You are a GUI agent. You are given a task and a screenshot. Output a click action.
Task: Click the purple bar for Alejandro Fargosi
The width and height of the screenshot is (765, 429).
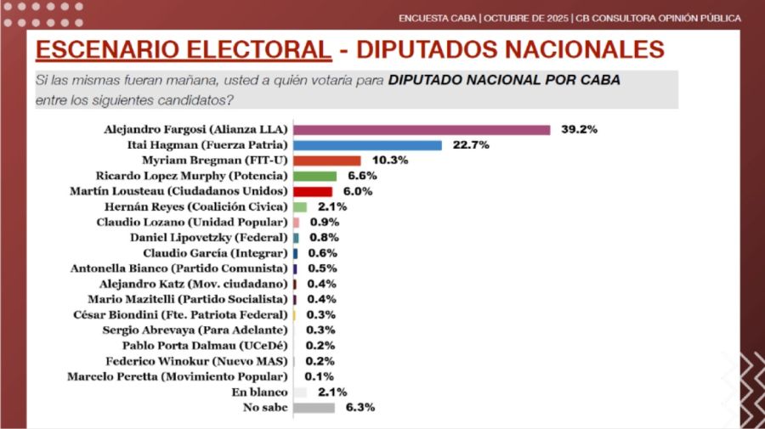coord(422,130)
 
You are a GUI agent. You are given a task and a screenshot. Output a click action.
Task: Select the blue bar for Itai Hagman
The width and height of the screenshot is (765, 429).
coord(367,145)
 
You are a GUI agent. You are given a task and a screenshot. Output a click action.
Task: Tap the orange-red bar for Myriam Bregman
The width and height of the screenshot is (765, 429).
coord(326,161)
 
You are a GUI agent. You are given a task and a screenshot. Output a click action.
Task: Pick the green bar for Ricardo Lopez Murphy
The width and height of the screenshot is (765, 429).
coord(314,176)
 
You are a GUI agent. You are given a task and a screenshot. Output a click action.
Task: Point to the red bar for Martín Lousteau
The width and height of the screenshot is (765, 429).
coord(312,191)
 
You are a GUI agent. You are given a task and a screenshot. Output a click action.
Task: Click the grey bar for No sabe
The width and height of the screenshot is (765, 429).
coord(314,407)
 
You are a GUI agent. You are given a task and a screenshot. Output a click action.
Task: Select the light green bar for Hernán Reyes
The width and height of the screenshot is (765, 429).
coord(299,206)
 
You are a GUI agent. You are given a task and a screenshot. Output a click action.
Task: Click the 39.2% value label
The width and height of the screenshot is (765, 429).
coord(580,130)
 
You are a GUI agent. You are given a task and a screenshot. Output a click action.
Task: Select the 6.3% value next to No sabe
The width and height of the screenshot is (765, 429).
coord(360,407)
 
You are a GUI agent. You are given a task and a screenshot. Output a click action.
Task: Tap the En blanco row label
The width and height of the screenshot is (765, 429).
coord(259,392)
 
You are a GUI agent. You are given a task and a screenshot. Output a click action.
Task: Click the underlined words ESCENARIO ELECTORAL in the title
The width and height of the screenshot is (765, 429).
coord(183,49)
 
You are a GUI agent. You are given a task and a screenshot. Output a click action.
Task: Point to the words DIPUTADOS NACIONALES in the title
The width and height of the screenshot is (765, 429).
coord(510,49)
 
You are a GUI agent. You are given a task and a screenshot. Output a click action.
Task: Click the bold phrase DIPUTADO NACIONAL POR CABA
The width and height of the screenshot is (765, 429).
coord(504,81)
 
